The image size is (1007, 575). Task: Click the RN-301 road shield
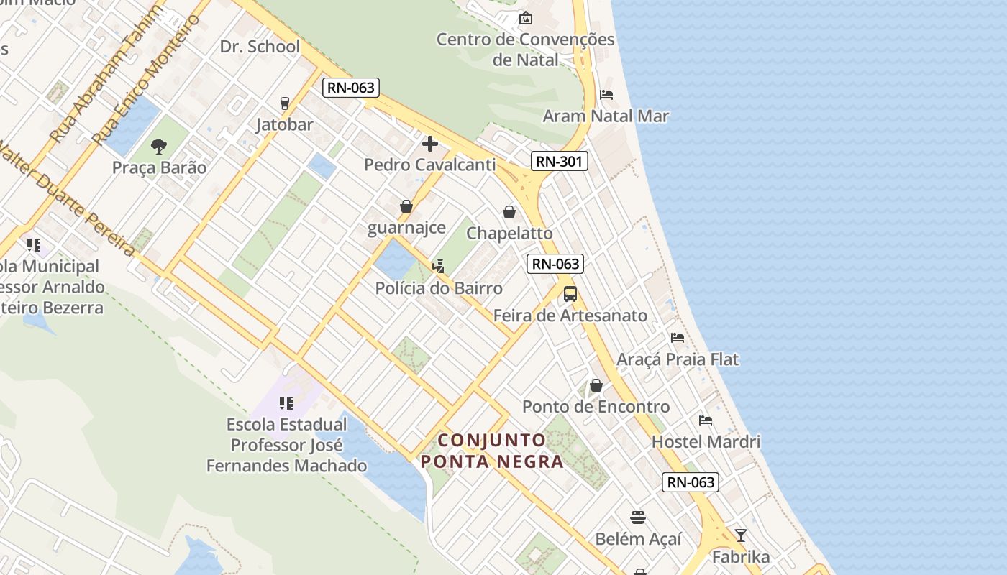point(560,161)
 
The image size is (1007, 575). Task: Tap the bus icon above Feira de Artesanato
point(570,294)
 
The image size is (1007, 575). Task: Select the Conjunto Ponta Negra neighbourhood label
point(493,451)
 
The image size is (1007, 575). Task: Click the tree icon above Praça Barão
point(159,147)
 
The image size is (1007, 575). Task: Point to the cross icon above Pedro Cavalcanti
point(430,144)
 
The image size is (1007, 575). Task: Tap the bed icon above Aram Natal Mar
point(606,95)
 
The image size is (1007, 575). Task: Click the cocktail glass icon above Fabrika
point(741,535)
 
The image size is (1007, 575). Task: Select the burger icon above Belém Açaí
point(638,517)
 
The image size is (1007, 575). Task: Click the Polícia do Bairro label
point(439,288)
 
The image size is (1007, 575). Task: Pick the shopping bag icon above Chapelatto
point(509,212)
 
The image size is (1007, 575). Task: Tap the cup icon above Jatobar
point(284,103)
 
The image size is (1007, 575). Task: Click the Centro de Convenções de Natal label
point(526,50)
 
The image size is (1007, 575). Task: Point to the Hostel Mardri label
point(706,441)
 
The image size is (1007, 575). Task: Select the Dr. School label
point(260,47)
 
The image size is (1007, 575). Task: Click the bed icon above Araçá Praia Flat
point(678,338)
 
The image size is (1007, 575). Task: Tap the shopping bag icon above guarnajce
point(406,207)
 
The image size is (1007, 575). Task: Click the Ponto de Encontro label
point(596,407)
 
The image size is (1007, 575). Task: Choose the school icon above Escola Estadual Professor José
point(286,403)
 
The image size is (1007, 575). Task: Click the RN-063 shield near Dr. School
point(351,88)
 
